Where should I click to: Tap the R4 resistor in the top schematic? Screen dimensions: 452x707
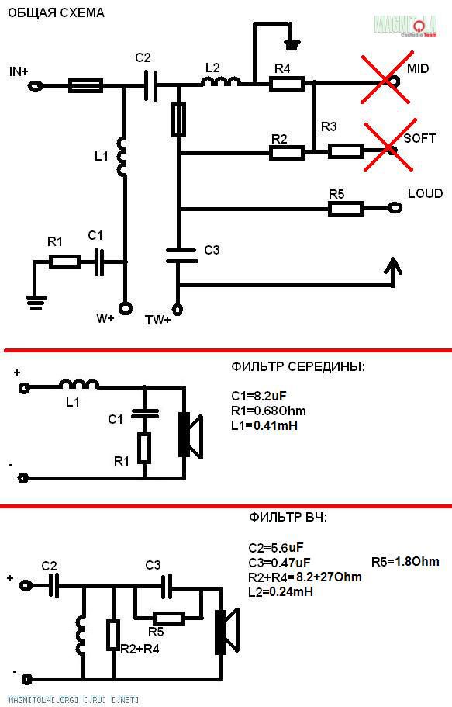tap(287, 84)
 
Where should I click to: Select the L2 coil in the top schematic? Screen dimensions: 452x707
tap(220, 81)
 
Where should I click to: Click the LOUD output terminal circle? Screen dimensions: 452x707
tap(395, 208)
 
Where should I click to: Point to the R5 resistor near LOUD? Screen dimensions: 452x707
tap(346, 208)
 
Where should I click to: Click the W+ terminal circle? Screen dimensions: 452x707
tap(126, 308)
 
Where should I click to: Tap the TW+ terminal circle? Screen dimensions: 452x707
tap(178, 310)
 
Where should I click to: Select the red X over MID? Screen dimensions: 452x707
tap(386, 78)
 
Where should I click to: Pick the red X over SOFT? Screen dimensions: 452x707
tap(388, 146)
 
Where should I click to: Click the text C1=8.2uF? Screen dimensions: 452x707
tap(259, 396)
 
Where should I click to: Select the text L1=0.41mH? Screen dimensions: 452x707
tap(264, 425)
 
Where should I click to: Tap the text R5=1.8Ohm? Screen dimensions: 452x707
tap(405, 561)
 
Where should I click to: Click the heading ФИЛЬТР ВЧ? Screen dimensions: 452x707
tap(288, 517)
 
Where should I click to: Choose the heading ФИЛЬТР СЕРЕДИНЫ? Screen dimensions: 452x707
tap(298, 366)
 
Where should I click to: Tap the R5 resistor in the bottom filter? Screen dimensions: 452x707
tap(168, 619)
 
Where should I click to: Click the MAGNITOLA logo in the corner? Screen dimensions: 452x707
tap(405, 26)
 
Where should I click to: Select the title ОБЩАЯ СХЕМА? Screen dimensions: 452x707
tap(57, 12)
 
